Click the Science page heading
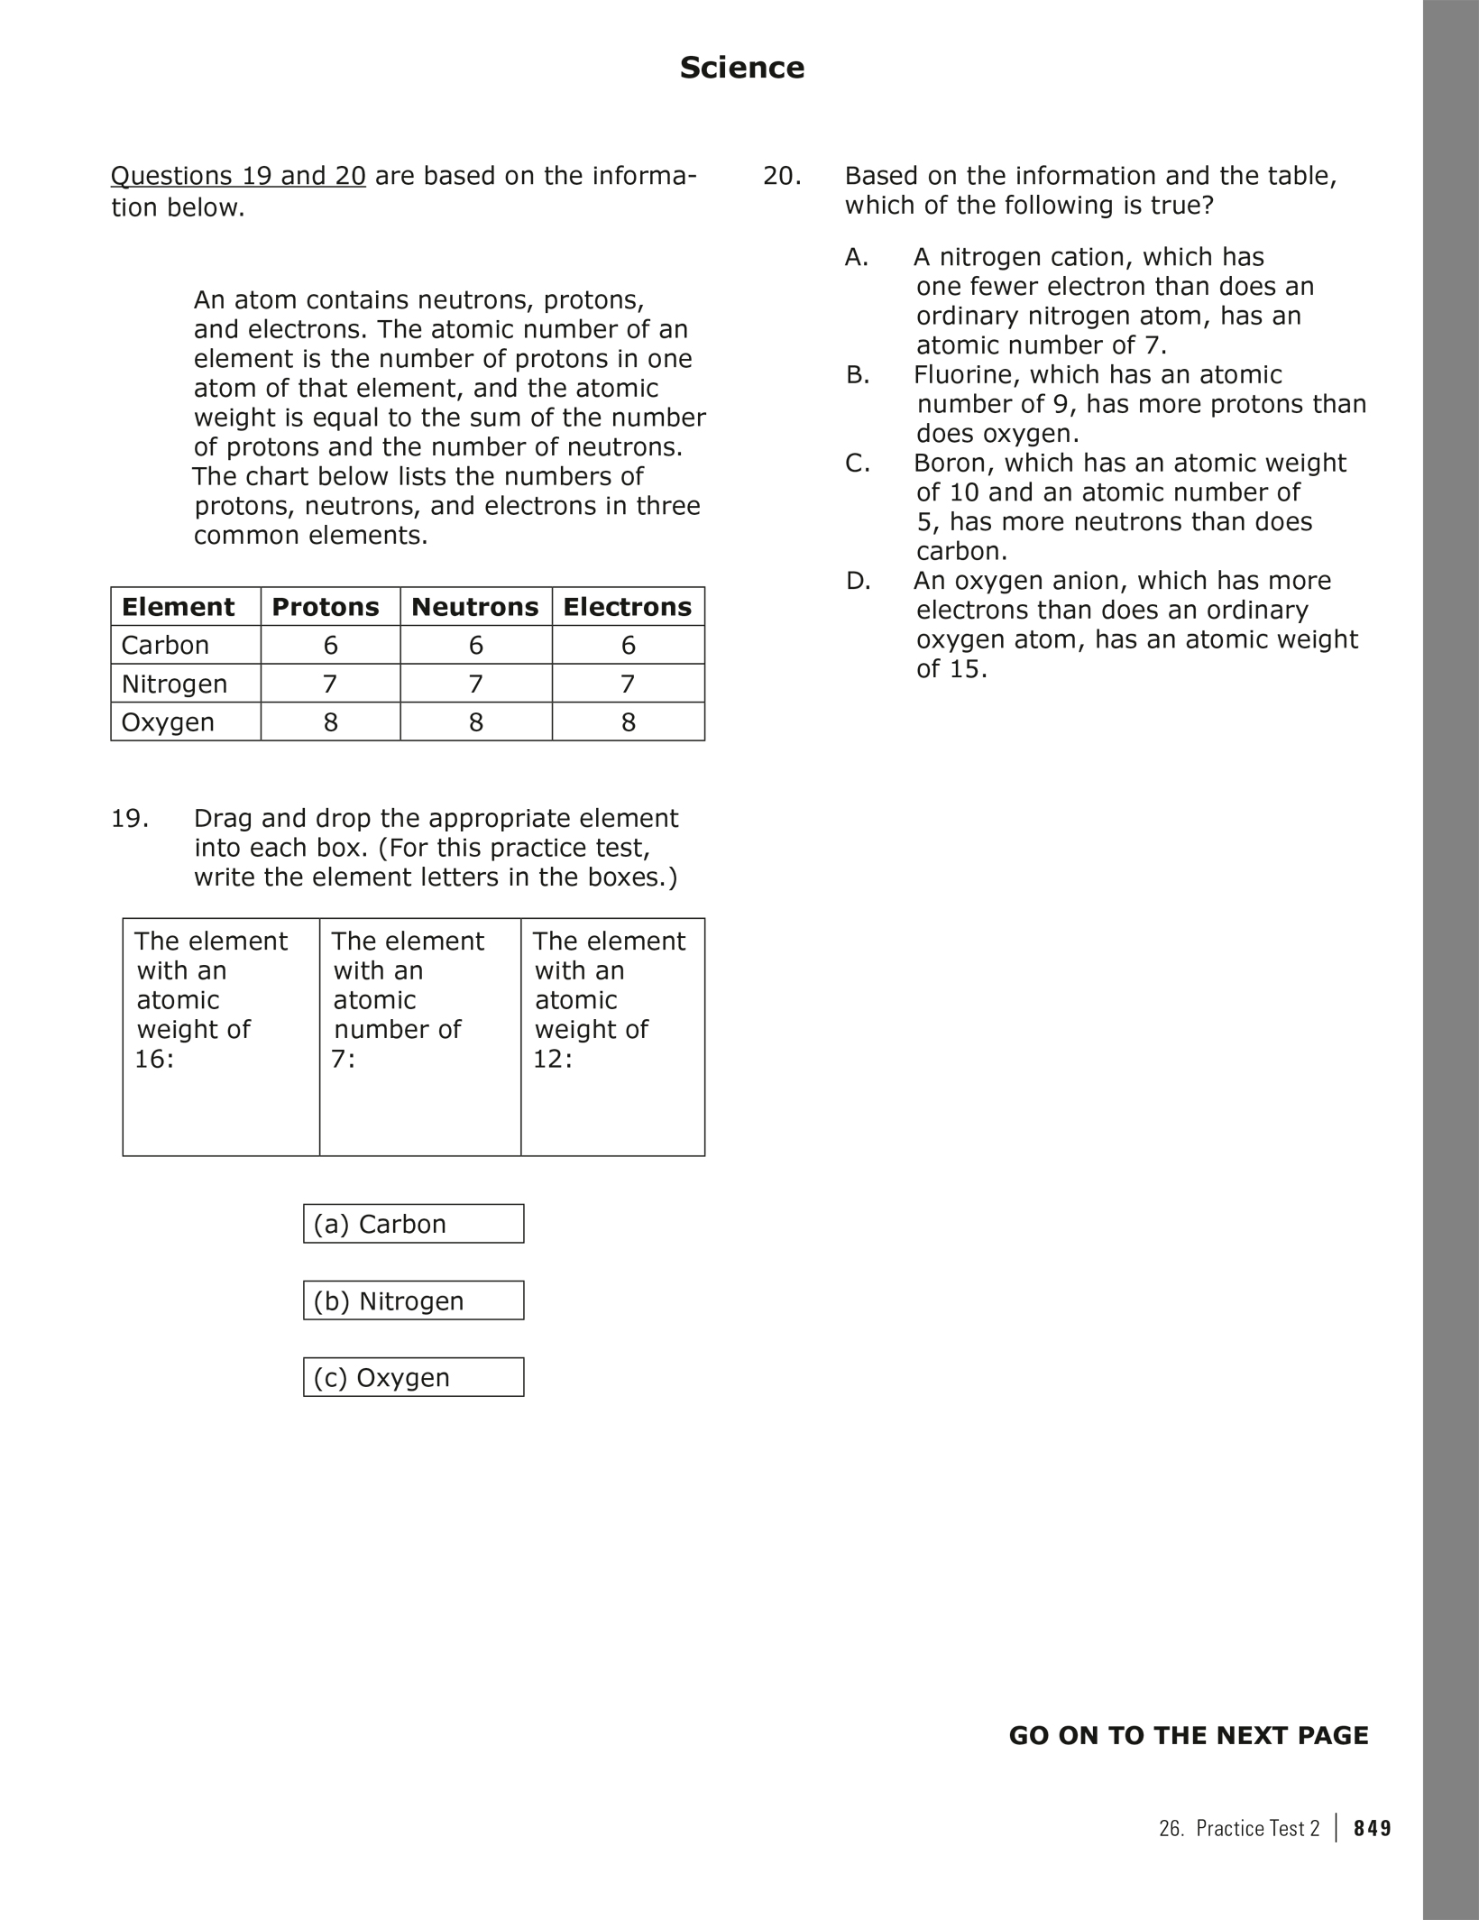741,68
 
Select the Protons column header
326,607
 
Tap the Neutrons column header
474,607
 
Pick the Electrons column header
627,607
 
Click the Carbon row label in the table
165,646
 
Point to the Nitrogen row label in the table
174,684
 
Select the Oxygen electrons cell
629,722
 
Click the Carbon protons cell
330,646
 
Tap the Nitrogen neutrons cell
475,684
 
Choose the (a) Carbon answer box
413,1224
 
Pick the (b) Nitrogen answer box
413,1300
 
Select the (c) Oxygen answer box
413,1377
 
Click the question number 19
130,819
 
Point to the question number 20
782,176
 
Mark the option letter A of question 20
857,258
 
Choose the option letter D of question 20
859,581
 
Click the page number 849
1373,1828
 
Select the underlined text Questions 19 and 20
238,176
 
